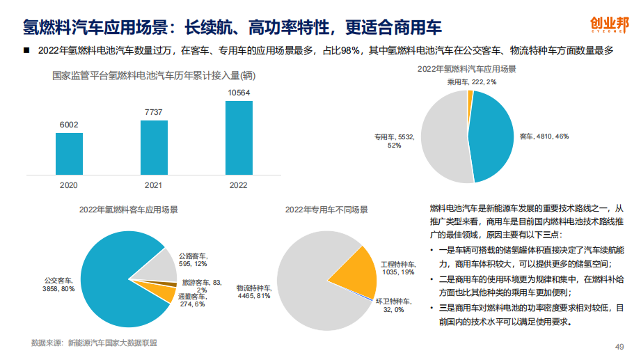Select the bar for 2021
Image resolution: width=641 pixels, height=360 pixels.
154,147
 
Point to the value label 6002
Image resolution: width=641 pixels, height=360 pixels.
69,125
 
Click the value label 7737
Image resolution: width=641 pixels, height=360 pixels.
154,112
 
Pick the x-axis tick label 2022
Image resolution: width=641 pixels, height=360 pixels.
239,185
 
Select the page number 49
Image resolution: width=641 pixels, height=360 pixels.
619,347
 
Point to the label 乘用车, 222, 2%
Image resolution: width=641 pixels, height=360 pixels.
472,82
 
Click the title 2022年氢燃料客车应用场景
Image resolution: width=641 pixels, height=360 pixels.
128,210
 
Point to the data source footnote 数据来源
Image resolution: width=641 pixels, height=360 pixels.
94,343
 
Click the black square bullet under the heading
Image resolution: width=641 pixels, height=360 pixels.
26,51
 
